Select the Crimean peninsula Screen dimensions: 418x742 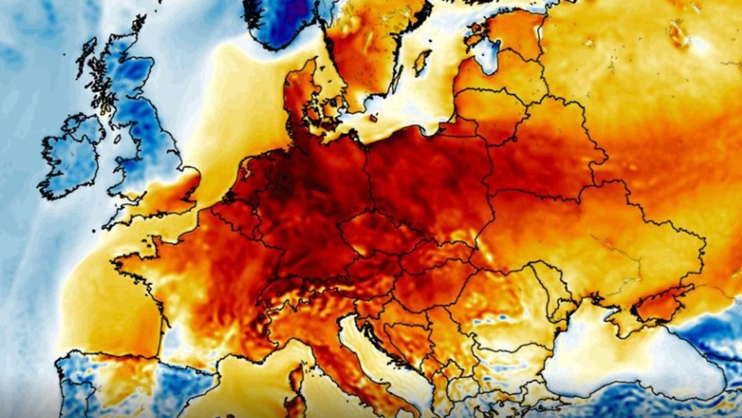(659, 303)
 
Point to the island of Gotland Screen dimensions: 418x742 (423, 62)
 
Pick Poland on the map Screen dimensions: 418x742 (427, 180)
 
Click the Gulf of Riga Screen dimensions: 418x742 (488, 56)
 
